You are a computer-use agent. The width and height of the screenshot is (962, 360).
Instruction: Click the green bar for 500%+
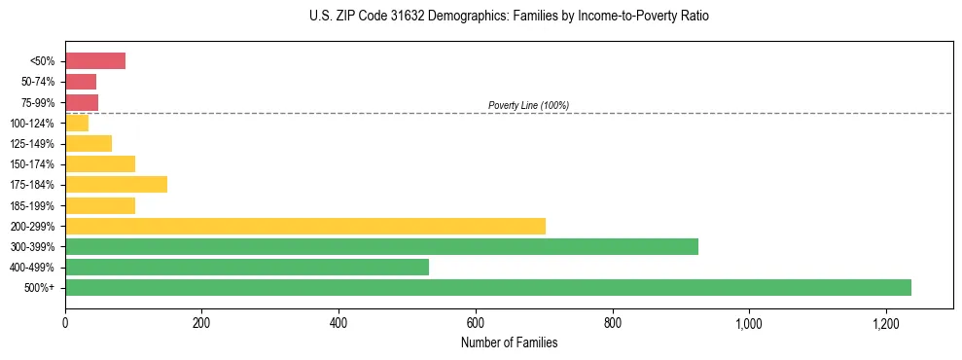tap(487, 287)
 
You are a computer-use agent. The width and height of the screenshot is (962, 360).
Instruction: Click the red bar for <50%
tap(95, 61)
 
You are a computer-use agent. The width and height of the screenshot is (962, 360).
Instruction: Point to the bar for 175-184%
tap(116, 185)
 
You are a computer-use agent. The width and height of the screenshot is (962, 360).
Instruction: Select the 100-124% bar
tap(77, 124)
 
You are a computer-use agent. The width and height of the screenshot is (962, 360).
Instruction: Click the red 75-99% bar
tap(82, 102)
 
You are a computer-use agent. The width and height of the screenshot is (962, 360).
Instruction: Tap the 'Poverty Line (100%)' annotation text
tap(528, 105)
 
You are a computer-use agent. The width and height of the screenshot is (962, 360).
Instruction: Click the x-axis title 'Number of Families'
tap(509, 342)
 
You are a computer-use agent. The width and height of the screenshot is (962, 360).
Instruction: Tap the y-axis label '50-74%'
tap(38, 82)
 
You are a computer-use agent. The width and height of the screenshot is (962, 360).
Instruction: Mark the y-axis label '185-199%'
tap(33, 206)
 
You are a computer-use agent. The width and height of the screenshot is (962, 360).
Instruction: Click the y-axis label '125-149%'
tap(33, 144)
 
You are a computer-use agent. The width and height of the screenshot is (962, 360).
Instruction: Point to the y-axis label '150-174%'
tap(33, 164)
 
